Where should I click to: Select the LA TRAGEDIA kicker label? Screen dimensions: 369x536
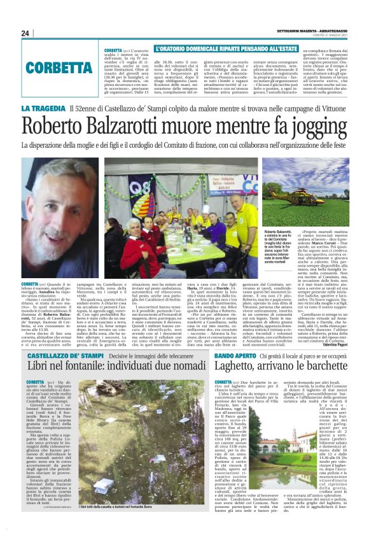[43, 109]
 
